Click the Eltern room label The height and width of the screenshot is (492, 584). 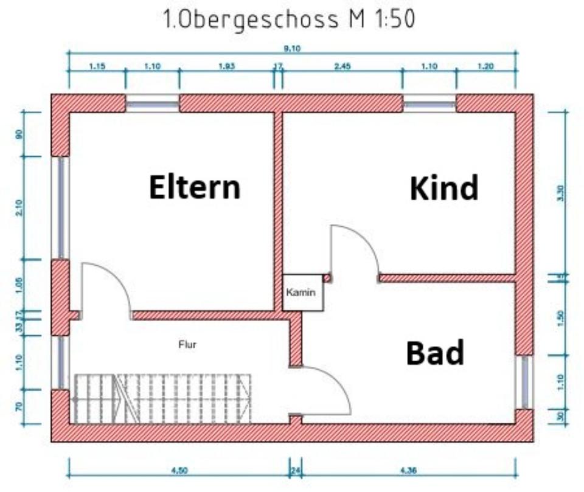(195, 187)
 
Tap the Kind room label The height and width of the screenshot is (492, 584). (444, 188)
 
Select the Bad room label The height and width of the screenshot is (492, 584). (435, 353)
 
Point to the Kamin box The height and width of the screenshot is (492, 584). (302, 293)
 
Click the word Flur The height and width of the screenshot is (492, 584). (187, 345)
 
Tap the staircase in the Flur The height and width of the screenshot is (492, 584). (163, 398)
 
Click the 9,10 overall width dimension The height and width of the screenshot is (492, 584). (292, 50)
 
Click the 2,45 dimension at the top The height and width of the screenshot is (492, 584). (342, 67)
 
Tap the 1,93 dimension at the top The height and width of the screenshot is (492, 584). (226, 67)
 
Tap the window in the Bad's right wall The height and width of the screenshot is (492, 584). (525, 382)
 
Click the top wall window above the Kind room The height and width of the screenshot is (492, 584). (429, 104)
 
